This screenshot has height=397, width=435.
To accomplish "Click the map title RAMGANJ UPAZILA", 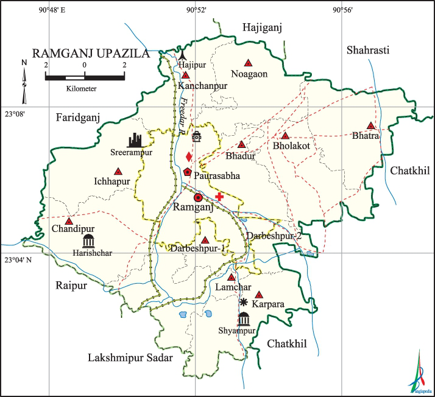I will [90, 54].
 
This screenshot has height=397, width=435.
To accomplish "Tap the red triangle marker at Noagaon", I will [248, 63].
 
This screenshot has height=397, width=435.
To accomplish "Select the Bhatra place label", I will [366, 136].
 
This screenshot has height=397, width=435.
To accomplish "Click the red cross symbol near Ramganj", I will [219, 196].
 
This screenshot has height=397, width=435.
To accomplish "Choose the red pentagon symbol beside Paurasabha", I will [188, 172].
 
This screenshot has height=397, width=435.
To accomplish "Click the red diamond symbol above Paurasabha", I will [189, 157].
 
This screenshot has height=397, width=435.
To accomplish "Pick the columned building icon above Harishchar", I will [89, 240].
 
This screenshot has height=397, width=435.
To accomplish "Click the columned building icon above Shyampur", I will [244, 319].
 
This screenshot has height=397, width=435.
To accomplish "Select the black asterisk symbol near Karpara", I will [244, 303].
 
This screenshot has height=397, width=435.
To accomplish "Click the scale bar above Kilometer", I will [85, 76].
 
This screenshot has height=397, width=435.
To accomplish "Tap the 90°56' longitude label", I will [342, 10].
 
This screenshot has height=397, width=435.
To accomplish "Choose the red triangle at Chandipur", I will [69, 221].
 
